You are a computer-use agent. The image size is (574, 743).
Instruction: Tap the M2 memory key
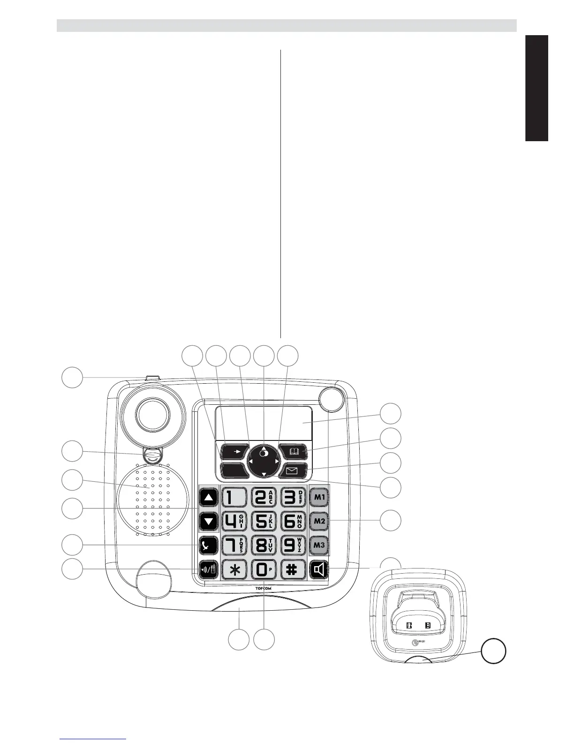click(x=319, y=521)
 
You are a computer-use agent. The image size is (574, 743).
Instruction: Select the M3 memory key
click(x=319, y=545)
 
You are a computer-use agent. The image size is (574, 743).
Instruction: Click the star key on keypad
click(x=234, y=570)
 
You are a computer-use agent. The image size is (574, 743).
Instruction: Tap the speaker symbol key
click(x=319, y=570)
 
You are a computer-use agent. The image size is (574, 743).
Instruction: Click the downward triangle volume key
click(x=209, y=521)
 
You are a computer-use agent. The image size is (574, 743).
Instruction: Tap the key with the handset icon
click(x=209, y=546)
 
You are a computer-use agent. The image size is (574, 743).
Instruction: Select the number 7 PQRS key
click(x=234, y=545)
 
